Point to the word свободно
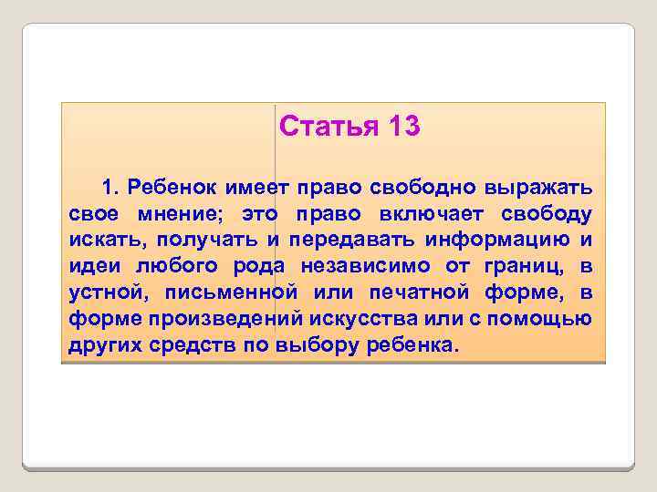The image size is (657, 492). click(414, 188)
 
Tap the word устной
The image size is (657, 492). click(99, 293)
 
